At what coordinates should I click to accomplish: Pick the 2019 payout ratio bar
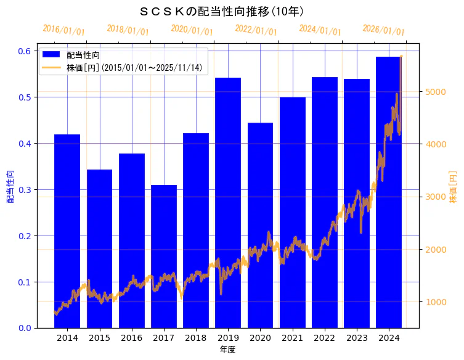click(228, 203)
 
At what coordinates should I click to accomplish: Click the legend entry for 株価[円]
click(134, 67)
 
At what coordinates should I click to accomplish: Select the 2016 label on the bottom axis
click(131, 338)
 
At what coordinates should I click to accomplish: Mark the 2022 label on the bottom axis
click(324, 338)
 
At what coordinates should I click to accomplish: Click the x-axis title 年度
click(227, 350)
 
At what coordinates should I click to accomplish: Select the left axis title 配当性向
click(10, 186)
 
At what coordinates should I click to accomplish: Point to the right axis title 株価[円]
click(453, 186)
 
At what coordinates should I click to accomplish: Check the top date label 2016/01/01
click(63, 30)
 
